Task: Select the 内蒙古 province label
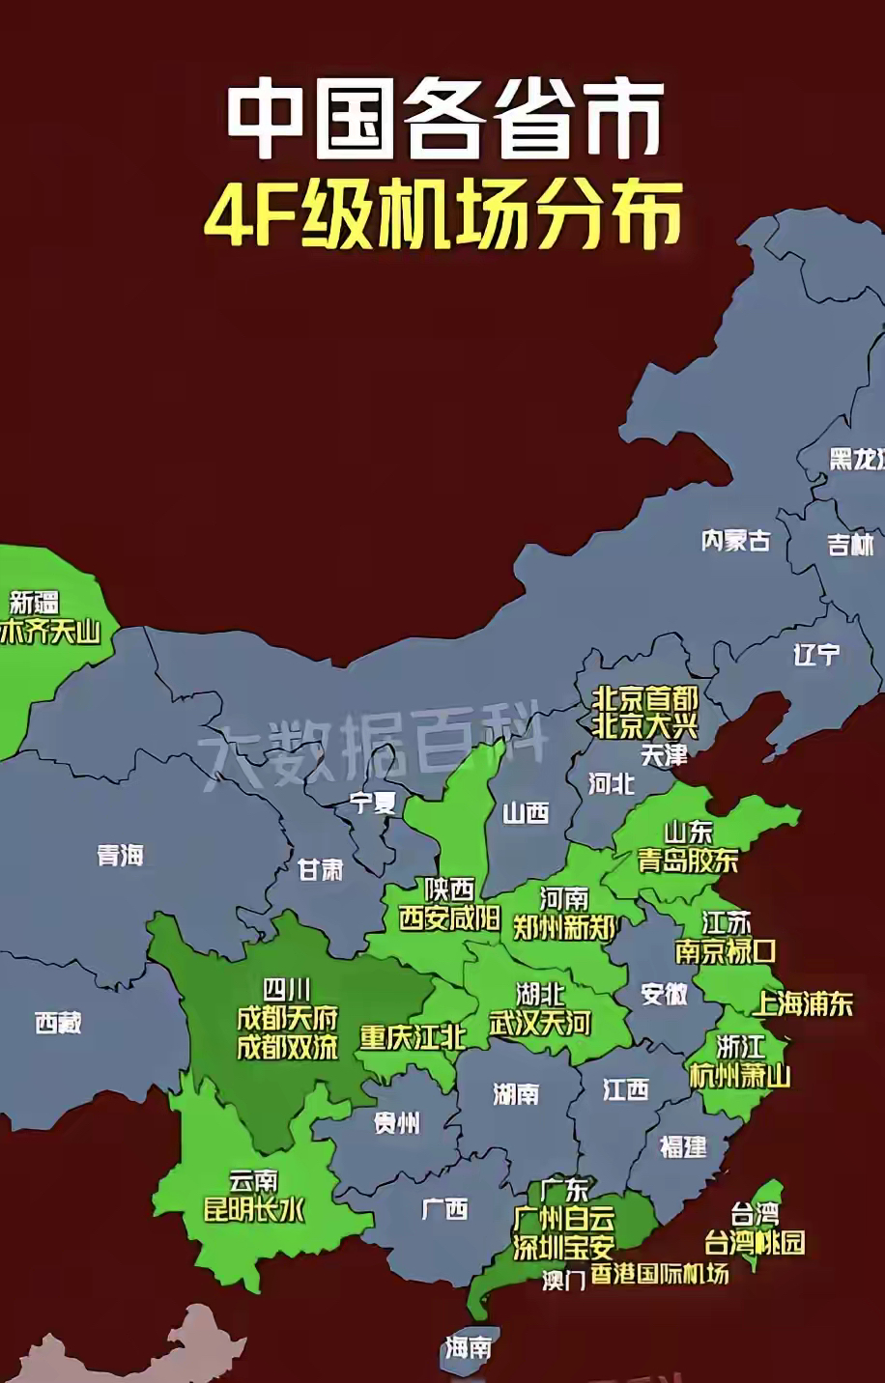pos(735,540)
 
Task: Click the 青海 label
pos(120,855)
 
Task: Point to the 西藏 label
pos(58,1022)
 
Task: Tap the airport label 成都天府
pos(288,1018)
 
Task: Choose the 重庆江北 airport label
pos(413,1037)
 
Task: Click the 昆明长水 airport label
pos(254,1208)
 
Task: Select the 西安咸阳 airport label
pos(449,917)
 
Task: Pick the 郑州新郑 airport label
pos(564,928)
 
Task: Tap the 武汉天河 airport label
pos(540,1022)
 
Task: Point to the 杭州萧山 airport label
pos(739,1074)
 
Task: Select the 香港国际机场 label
pos(659,1274)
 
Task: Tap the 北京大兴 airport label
pos(644,725)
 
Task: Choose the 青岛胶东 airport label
pos(688,860)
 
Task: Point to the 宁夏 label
pos(373,802)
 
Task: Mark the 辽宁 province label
pos(816,654)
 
